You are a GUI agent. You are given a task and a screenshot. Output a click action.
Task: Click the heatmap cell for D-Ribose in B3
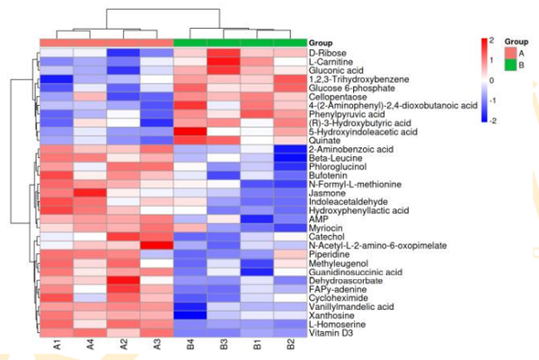224,53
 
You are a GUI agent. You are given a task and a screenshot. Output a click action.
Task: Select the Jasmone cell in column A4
90,192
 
